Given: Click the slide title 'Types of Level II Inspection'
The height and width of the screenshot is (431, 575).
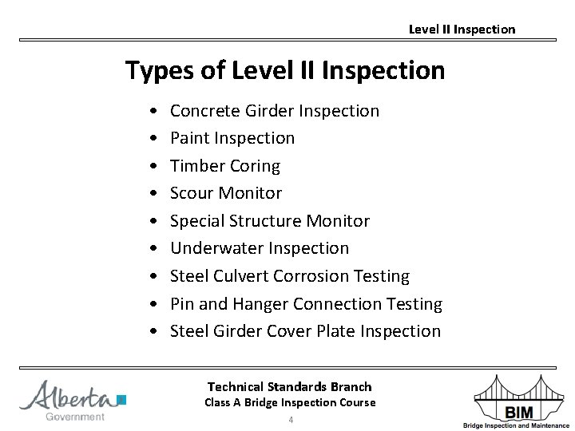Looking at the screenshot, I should pos(285,70).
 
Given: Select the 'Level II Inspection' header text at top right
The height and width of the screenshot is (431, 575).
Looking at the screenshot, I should pos(462,30).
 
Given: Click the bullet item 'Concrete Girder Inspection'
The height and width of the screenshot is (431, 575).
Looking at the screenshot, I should pos(275,111).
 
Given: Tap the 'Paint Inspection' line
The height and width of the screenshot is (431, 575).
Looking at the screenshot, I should pos(232,138).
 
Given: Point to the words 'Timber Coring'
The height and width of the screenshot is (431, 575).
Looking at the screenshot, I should pos(225,166).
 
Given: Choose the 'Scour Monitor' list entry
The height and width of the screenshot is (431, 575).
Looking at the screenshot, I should pos(226,193).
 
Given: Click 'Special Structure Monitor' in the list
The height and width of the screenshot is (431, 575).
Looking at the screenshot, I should pos(270,221).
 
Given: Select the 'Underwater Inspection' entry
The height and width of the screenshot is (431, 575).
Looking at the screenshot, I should pos(260,248).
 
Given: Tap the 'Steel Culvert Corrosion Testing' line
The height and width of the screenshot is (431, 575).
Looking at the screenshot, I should pos(290,276).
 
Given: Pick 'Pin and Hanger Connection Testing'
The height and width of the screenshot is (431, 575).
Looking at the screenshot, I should pos(306,304).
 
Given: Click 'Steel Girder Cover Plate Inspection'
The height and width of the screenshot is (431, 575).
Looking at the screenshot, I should pos(305,331).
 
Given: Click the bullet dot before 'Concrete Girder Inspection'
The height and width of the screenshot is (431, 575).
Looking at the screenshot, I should pos(152,112).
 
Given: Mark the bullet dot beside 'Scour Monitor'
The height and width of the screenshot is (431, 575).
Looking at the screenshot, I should pos(152,194).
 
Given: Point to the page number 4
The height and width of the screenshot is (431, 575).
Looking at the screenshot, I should pos(291,420).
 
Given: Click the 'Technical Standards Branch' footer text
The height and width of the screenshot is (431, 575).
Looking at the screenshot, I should pos(289,387).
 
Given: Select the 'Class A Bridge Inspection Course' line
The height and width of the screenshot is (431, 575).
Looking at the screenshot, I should pos(289,402).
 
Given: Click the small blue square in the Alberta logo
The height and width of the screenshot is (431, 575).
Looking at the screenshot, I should pos(121,400).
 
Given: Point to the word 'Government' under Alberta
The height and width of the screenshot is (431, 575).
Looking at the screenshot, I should pos(75,417).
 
